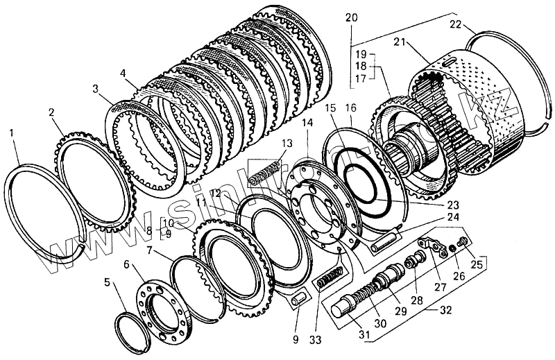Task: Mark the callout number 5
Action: click(106, 282)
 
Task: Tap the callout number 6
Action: click(126, 264)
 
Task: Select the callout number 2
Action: click(51, 112)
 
